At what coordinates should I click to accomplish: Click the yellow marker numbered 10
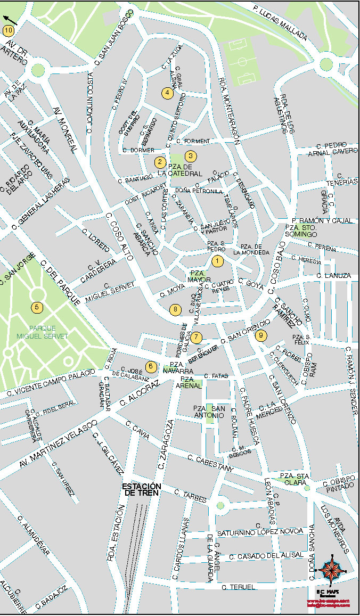(x=8, y=30)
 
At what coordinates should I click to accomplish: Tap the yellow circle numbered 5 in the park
(x=36, y=307)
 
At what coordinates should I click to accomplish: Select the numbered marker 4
(x=167, y=93)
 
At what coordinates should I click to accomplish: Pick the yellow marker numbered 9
(x=260, y=335)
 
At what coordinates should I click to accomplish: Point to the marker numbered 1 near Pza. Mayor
(x=217, y=261)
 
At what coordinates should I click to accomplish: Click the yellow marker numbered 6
(x=151, y=366)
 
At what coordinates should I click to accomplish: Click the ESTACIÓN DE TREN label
(x=141, y=489)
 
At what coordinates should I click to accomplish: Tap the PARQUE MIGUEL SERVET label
(x=42, y=332)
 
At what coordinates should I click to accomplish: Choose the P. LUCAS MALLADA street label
(x=280, y=24)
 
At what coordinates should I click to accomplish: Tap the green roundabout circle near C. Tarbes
(x=220, y=505)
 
